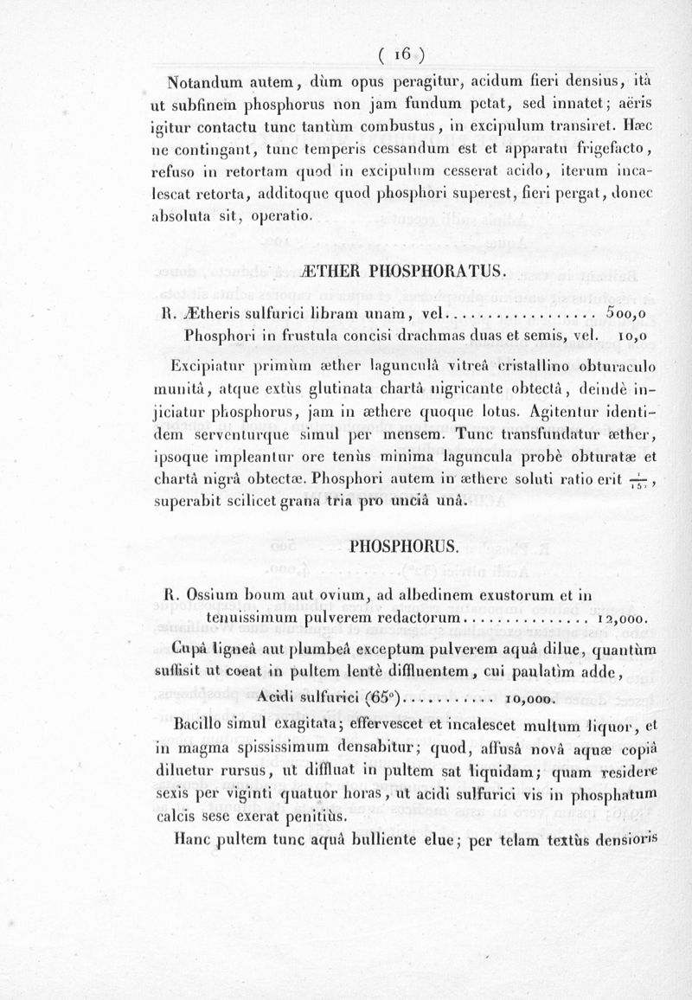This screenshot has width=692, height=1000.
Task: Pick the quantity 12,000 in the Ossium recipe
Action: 624,619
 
